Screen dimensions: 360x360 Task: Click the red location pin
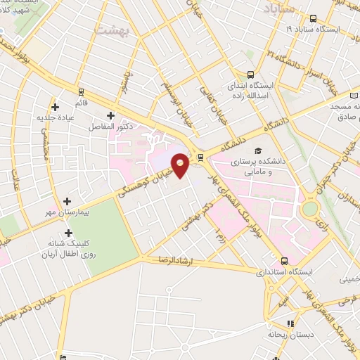pyautogui.click(x=181, y=164)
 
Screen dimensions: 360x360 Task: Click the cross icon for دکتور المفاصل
pyautogui.click(x=110, y=115)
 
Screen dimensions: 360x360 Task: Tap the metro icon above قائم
pyautogui.click(x=81, y=91)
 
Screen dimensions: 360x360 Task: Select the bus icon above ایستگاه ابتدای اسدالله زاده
pyautogui.click(x=251, y=75)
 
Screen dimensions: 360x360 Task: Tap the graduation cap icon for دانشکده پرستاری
pyautogui.click(x=258, y=151)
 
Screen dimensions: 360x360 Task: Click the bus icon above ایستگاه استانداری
pyautogui.click(x=283, y=259)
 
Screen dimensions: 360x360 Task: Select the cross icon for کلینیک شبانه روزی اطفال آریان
pyautogui.click(x=67, y=232)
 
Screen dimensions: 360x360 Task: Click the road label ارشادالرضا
pyautogui.click(x=167, y=260)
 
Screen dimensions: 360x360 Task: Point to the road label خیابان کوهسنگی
pyautogui.click(x=139, y=186)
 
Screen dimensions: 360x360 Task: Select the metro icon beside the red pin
pyautogui.click(x=200, y=157)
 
